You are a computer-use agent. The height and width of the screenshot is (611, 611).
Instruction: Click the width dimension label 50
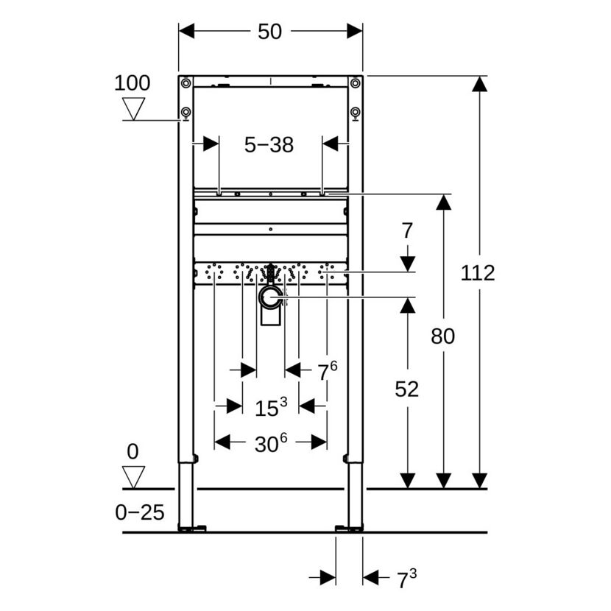(269, 32)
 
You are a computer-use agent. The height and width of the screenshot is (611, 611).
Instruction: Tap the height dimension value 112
(478, 273)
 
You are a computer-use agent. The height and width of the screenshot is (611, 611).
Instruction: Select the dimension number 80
(442, 336)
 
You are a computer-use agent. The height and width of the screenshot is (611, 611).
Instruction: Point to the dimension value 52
(407, 389)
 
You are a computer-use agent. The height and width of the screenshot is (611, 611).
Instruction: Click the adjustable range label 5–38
(269, 145)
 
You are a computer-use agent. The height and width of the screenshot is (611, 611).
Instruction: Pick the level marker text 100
(132, 83)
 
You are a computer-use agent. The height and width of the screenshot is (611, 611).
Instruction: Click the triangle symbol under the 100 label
(133, 109)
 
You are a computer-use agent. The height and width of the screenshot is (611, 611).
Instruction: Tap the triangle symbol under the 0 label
(133, 477)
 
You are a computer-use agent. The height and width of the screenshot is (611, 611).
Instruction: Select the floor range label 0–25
(140, 512)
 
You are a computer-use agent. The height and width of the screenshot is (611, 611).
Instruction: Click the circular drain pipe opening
(270, 297)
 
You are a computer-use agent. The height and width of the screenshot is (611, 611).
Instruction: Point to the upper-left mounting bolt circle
(186, 83)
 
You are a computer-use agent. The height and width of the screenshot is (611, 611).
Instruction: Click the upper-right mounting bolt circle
(355, 83)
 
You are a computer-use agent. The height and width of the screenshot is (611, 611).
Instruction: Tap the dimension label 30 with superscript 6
(271, 443)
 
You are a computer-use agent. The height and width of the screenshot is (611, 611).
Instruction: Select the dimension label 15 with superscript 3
(271, 407)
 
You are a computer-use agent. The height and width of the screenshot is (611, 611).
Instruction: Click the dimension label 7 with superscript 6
(328, 371)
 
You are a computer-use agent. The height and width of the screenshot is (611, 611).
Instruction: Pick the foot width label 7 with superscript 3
(407, 579)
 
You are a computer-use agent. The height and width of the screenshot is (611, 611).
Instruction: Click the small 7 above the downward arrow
(407, 230)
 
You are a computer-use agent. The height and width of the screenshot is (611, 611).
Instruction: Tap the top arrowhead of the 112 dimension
(479, 84)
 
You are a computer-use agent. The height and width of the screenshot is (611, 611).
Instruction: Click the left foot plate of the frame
(192, 529)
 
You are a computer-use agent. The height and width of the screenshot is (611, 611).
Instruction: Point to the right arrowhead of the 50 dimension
(355, 31)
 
